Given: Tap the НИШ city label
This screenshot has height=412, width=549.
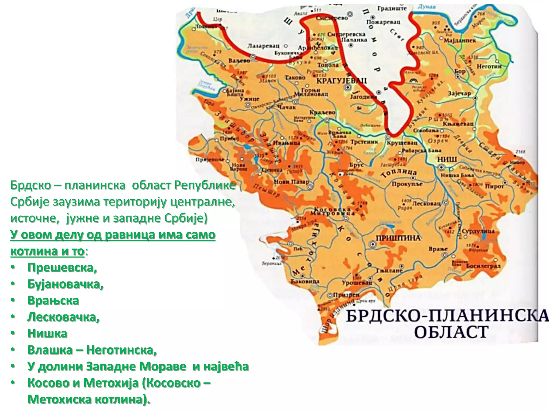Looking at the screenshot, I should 447,159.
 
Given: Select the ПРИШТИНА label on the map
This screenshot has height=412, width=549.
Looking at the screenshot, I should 398,238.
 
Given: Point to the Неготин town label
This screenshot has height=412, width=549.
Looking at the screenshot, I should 489,66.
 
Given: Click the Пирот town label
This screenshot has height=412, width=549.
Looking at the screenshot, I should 494,186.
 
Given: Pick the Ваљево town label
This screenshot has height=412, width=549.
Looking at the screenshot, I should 239,61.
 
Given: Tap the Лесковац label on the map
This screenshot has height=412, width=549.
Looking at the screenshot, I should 426,203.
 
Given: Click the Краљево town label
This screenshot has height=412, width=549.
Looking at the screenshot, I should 322,112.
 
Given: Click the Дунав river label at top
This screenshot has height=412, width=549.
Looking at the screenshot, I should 426,7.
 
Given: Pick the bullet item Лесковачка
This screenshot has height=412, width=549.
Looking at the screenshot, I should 64,317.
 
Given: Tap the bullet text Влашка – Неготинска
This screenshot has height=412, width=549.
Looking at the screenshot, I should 92,350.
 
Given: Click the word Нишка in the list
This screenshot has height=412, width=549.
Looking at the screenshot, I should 47,333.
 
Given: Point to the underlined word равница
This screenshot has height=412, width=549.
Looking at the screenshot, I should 130,235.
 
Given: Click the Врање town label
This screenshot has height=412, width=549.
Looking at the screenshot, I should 438,249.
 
